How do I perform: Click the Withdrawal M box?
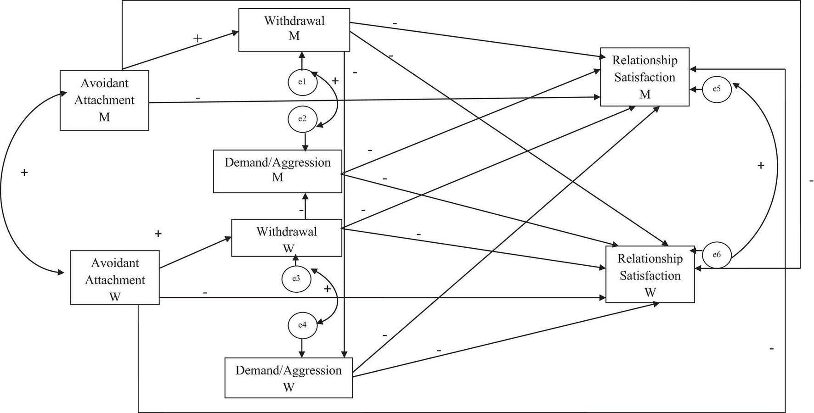point(294,29)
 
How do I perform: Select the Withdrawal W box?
point(287,238)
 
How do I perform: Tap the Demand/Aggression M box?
point(277,171)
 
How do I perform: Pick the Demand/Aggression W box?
point(288,378)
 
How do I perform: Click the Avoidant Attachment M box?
point(104,100)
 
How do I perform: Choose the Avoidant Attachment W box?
point(115,278)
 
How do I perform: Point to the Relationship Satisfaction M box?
point(644,77)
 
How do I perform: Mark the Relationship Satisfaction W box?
point(650,275)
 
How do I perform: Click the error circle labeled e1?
point(302,82)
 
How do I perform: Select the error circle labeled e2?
point(302,119)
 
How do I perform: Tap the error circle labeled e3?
point(296,279)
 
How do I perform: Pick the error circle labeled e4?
point(302,325)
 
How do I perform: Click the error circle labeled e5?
point(716,89)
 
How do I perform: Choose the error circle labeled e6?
point(717,254)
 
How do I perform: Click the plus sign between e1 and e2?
point(335,81)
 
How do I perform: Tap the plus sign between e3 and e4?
point(327,289)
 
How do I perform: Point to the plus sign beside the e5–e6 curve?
point(761,166)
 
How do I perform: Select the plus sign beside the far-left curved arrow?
point(24,173)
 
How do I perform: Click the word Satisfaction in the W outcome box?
point(650,275)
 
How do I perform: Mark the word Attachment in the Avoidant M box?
point(104,100)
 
